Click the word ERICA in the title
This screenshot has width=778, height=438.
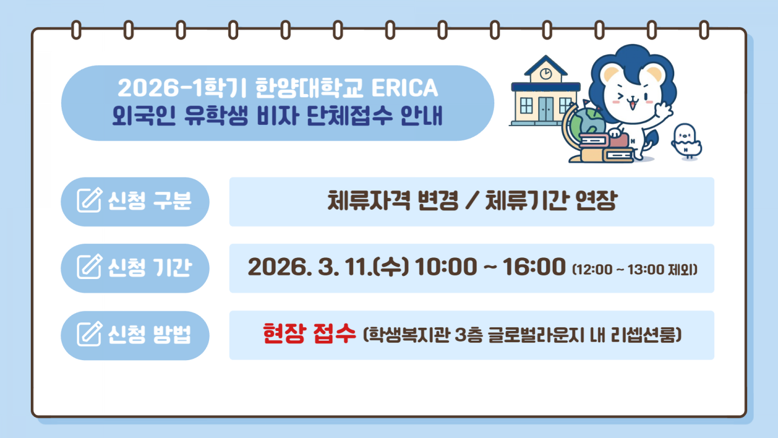[405, 88]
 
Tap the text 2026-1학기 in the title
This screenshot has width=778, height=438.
[182, 88]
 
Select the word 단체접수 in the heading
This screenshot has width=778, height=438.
[350, 115]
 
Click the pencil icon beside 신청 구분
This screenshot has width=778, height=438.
[90, 200]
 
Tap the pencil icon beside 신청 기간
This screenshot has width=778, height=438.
[90, 266]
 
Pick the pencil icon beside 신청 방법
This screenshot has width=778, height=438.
[90, 333]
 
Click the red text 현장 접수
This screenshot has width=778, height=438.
[309, 333]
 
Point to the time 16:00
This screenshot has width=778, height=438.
[534, 267]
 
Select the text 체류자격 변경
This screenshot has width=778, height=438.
[393, 201]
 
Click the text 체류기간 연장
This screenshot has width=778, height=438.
[551, 201]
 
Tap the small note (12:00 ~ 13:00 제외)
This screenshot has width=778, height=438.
[635, 269]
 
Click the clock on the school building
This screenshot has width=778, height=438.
[546, 74]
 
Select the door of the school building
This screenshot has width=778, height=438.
[546, 109]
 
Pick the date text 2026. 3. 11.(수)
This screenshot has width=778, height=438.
[328, 267]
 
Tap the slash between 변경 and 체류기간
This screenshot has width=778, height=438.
[472, 201]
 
